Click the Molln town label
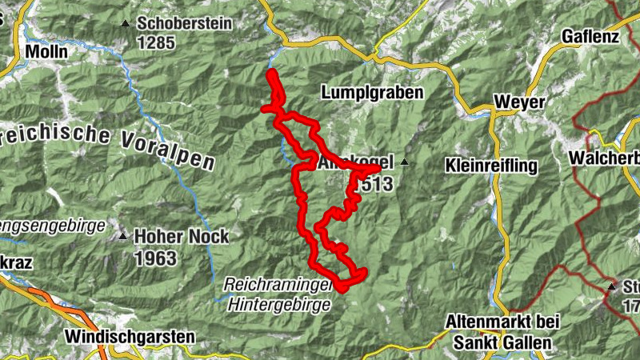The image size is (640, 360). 46,52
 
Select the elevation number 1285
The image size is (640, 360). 156,42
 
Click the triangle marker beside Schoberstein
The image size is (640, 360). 124,23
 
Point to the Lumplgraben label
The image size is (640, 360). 372,93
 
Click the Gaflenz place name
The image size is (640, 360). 591,37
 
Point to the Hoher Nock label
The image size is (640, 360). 181,237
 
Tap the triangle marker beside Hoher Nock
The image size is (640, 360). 122,236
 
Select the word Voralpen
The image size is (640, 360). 169,150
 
